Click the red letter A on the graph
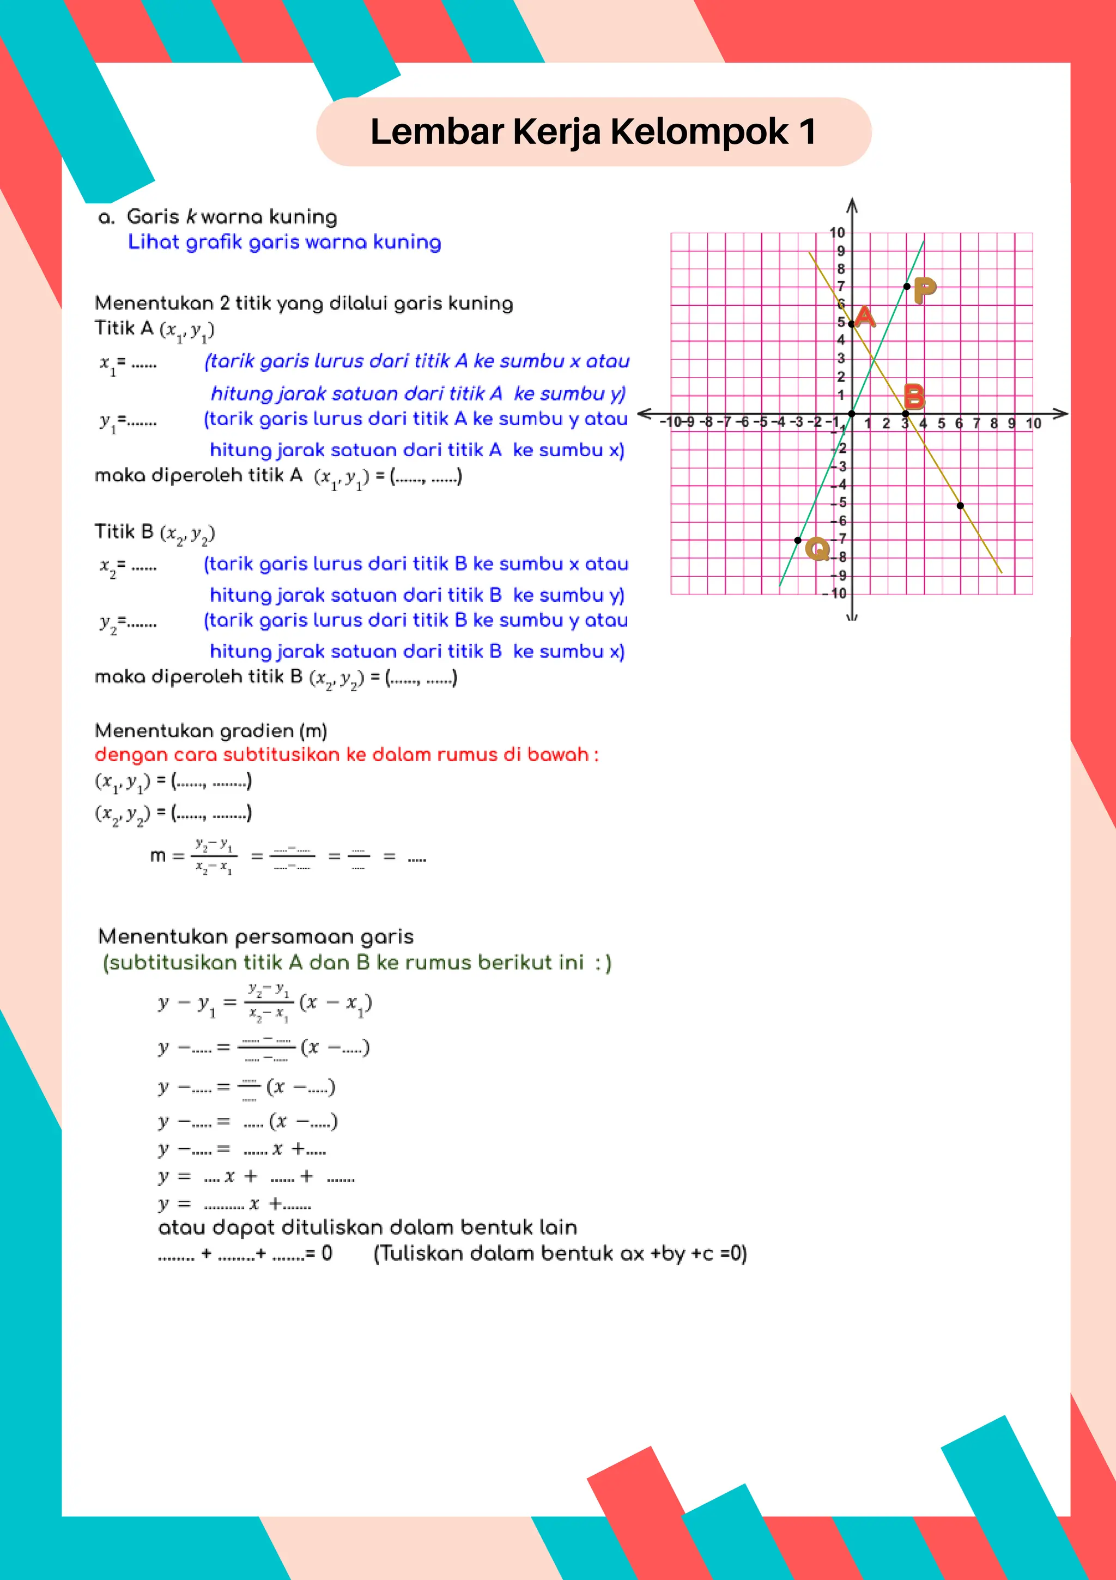[x=865, y=317]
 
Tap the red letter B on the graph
[x=914, y=396]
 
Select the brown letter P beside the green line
[x=925, y=289]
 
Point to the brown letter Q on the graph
[x=817, y=548]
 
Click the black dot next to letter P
[x=907, y=286]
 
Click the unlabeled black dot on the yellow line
[x=961, y=505]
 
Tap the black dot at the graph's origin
[x=852, y=414]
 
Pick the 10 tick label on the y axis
[x=836, y=233]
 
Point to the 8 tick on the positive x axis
[x=993, y=423]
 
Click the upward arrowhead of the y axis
[x=852, y=204]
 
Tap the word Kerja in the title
[x=557, y=131]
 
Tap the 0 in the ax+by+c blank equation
[x=327, y=1253]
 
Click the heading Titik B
[x=124, y=531]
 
